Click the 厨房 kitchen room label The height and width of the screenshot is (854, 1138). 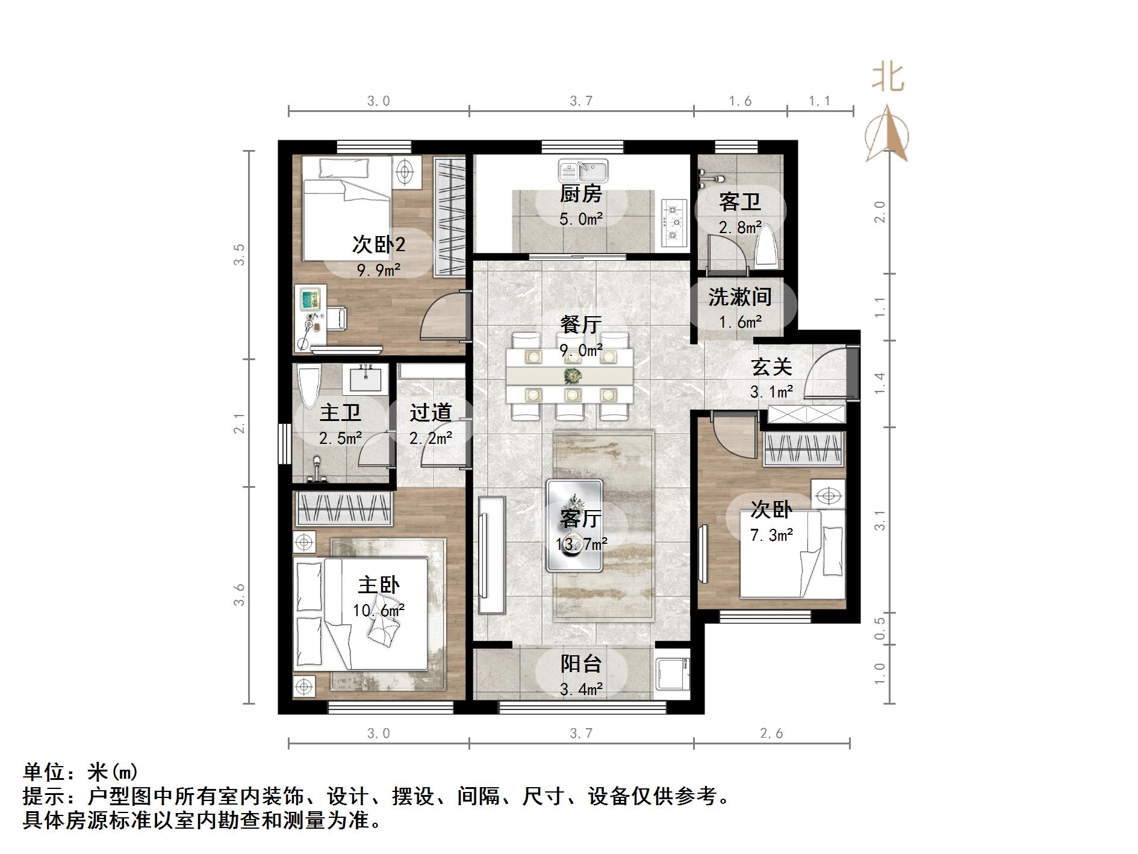click(x=580, y=194)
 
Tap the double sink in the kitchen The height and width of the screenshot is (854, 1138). click(x=583, y=171)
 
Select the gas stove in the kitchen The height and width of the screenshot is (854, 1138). click(x=674, y=222)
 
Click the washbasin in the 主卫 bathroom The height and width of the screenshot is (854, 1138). click(x=365, y=379)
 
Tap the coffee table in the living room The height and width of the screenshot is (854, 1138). click(x=574, y=525)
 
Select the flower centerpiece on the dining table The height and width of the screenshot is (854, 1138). click(x=570, y=377)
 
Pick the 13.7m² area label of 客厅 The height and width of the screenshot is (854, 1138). click(x=581, y=544)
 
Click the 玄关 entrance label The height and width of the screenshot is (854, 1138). click(x=771, y=367)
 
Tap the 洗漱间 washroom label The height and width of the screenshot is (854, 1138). click(x=739, y=296)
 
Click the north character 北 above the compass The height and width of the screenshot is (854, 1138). click(x=888, y=78)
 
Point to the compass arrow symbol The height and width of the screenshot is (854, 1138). click(x=887, y=134)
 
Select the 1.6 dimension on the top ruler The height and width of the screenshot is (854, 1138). click(x=740, y=101)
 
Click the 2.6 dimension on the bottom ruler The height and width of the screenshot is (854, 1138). click(x=771, y=733)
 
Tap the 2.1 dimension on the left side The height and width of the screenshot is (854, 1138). click(x=240, y=423)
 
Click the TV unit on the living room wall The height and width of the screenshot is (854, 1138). click(x=492, y=555)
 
